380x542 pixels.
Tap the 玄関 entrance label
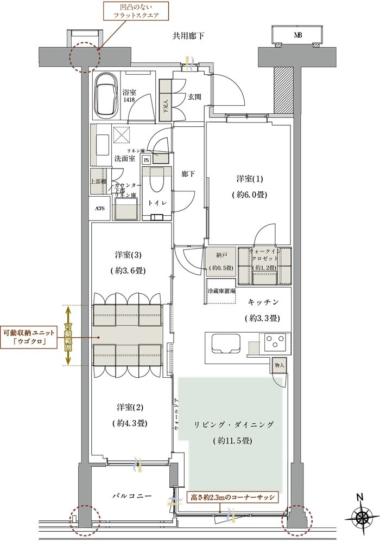(195, 98)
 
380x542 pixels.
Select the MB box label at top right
(298, 36)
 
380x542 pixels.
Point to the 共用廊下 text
(188, 36)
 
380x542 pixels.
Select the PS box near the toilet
(146, 160)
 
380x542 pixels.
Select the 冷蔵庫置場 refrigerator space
(221, 291)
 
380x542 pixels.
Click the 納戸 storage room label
(220, 260)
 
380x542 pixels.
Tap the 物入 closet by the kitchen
(279, 366)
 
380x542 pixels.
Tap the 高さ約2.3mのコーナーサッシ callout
(232, 496)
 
